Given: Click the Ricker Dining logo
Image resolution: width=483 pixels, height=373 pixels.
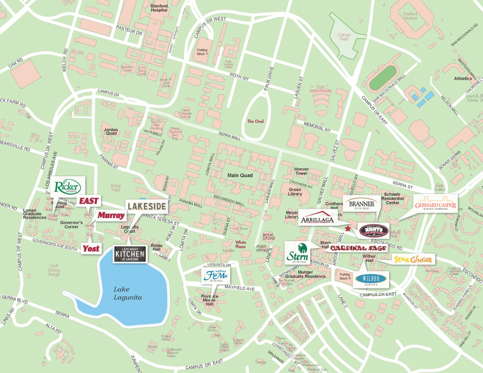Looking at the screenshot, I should click(x=68, y=187).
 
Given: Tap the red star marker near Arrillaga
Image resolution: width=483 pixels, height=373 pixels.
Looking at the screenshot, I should click(x=349, y=229).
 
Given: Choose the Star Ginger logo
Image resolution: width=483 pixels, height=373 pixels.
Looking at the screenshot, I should click(x=413, y=260).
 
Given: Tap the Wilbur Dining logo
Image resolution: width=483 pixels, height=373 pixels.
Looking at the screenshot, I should click(x=371, y=279).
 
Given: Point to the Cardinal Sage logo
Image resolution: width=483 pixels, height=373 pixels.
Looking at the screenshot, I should click(x=358, y=248).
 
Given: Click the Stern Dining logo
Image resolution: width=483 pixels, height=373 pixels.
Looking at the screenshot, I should click(x=297, y=253).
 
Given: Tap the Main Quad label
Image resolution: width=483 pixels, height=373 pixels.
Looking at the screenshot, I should click(x=240, y=175).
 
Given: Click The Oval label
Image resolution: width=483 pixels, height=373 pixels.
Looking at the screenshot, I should click(x=255, y=121).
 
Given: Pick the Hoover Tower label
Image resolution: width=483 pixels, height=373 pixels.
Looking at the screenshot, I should click(x=301, y=171).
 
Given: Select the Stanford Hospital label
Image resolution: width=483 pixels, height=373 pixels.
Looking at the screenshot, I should click(x=159, y=8).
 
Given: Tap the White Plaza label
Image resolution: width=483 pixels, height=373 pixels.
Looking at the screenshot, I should click(x=241, y=245).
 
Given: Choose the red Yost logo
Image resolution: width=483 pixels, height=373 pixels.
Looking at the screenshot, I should click(x=91, y=249).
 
